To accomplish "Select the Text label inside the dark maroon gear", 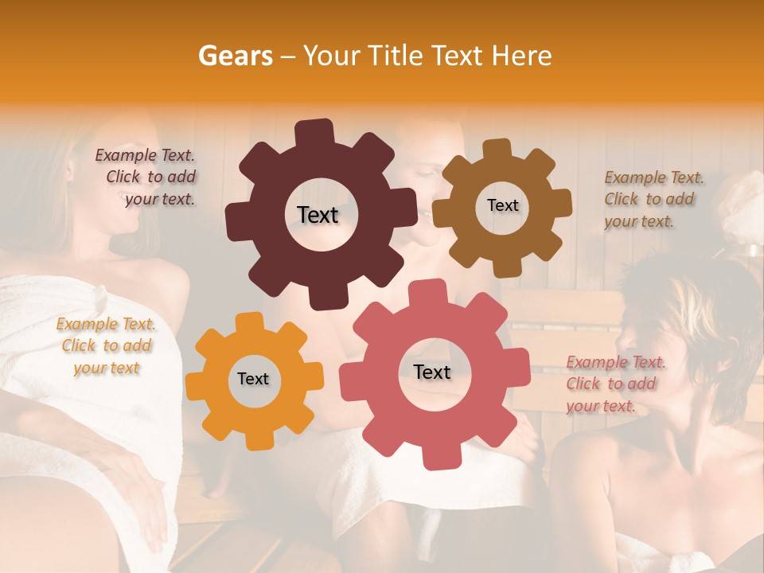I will coord(318,215).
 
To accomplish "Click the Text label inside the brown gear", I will coord(502,205).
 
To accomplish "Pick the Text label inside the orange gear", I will coord(253,380).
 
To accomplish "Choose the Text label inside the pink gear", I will coord(432,372).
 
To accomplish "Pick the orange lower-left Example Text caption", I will coord(106,346).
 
